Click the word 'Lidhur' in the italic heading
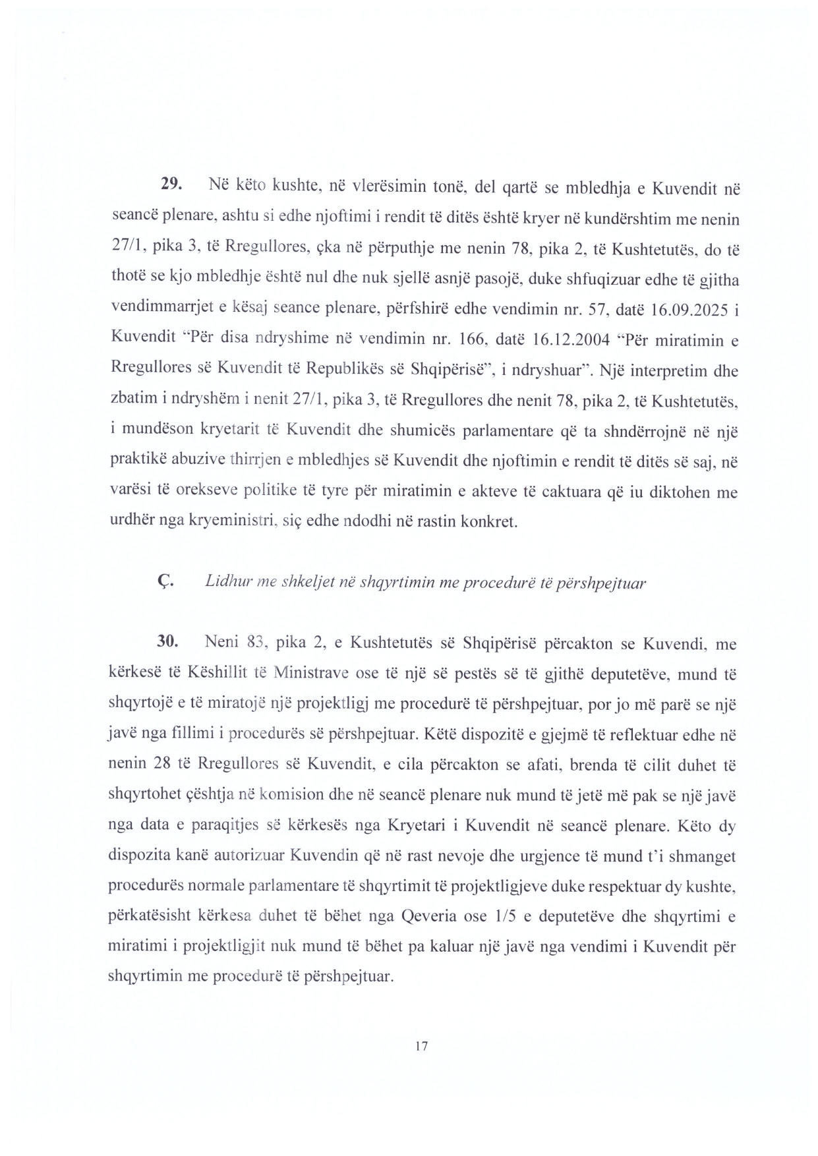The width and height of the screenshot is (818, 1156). coord(225,582)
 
